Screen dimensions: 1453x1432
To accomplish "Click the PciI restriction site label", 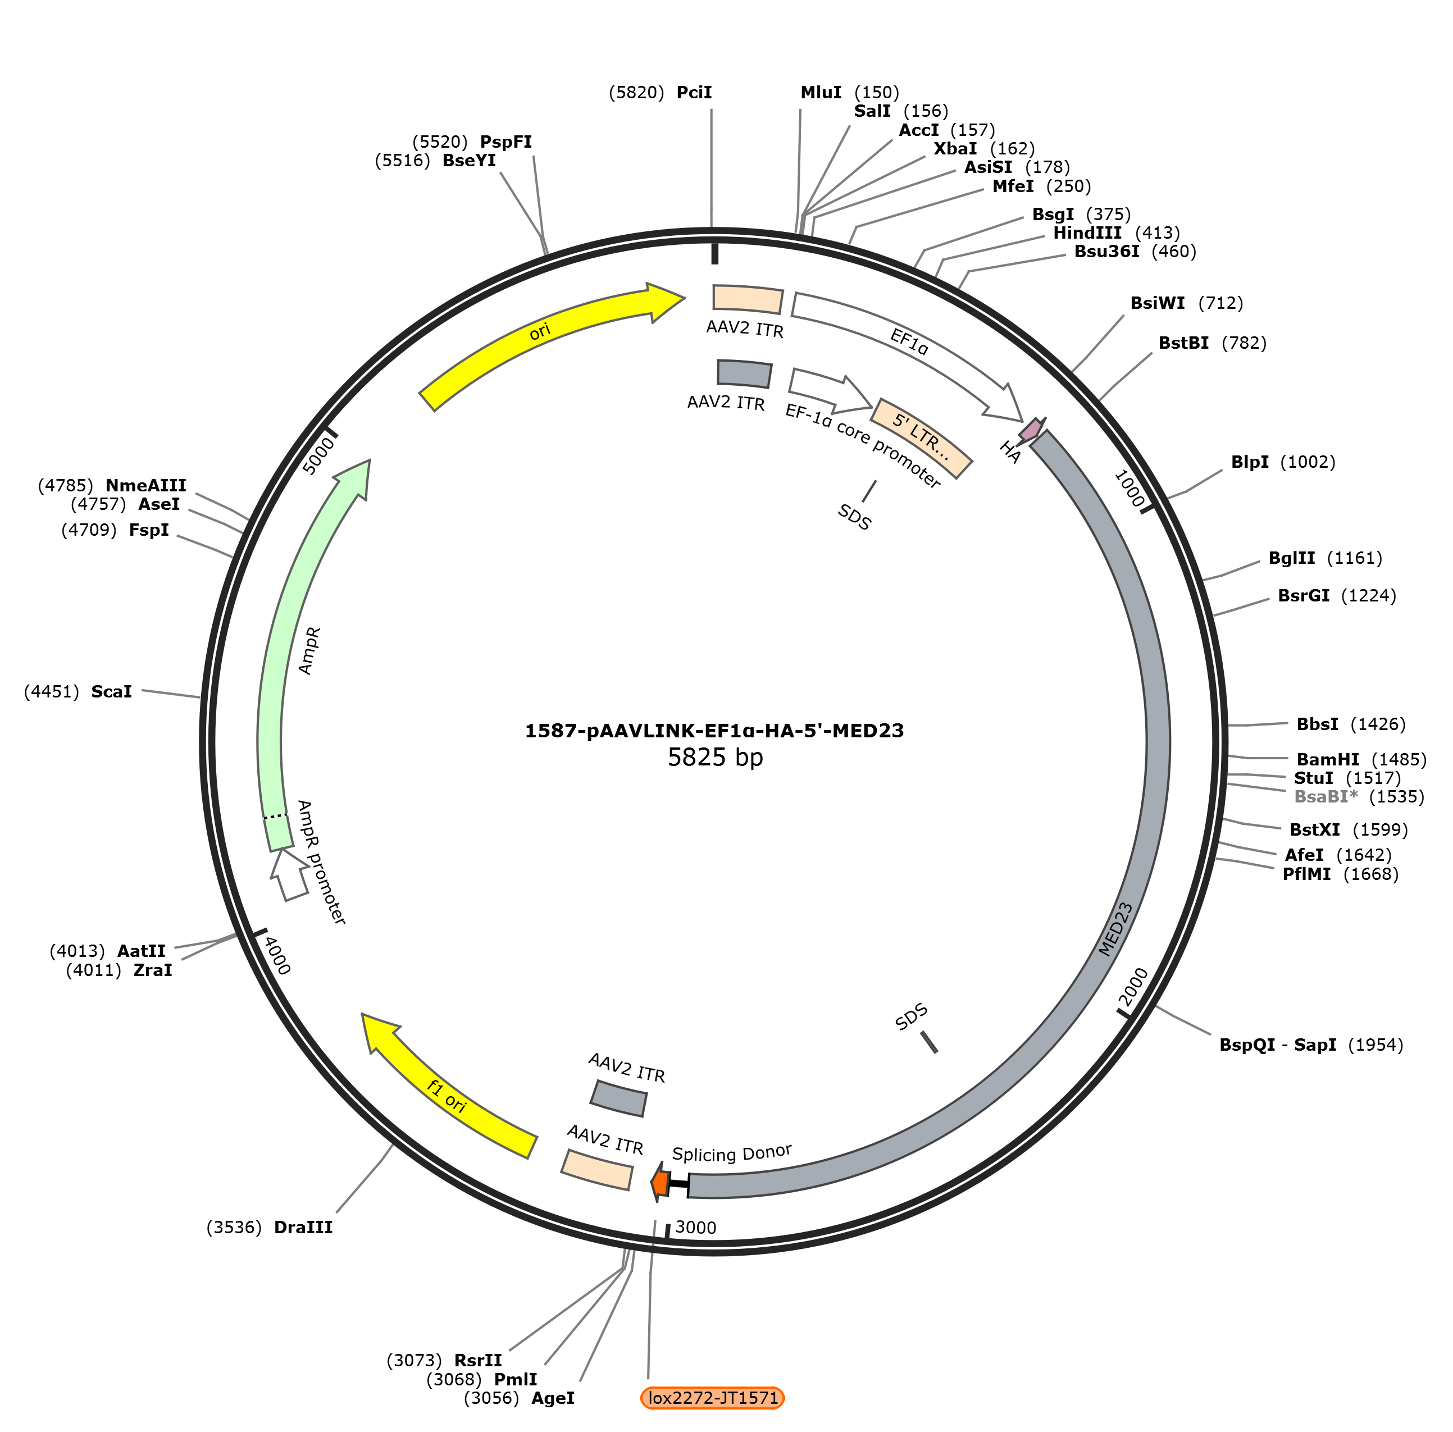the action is [694, 93].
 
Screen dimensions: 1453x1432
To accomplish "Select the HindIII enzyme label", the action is [1087, 233].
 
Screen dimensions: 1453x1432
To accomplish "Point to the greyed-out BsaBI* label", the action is [1326, 796].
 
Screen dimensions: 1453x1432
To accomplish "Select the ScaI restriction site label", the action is [111, 691].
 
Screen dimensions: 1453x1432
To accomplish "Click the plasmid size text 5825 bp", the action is [715, 756].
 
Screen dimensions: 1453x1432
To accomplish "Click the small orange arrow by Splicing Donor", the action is [659, 1183].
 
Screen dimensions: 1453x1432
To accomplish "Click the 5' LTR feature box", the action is [921, 437].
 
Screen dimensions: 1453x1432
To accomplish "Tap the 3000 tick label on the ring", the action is [696, 1228].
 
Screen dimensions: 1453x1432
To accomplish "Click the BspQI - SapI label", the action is [1278, 1045].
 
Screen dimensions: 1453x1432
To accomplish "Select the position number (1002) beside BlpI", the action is [1307, 462].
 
